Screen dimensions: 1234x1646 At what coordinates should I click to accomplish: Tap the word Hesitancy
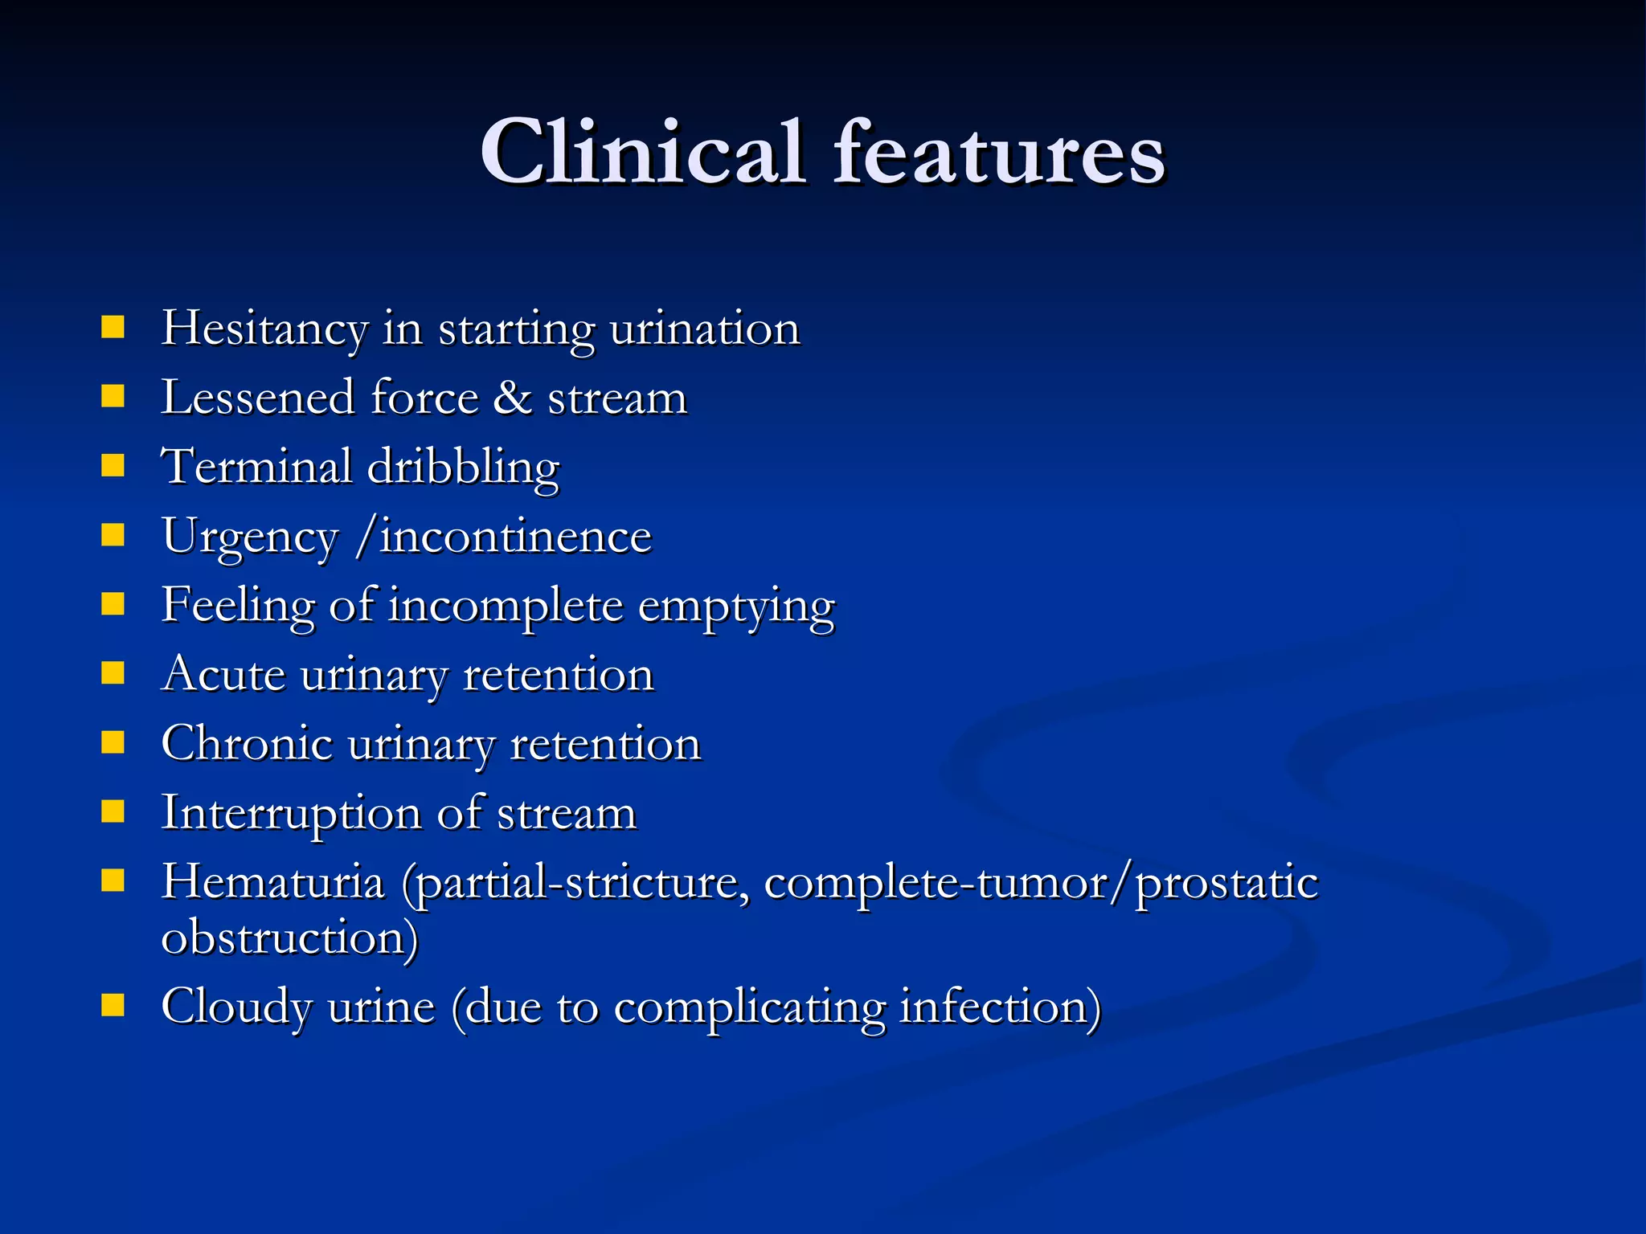click(x=264, y=329)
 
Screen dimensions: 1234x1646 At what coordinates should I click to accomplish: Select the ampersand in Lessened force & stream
click(x=512, y=398)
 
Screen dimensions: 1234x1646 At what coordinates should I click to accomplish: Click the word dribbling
click(x=463, y=468)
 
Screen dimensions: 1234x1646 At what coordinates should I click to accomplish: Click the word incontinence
click(x=514, y=537)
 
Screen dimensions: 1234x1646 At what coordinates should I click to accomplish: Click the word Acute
click(x=223, y=674)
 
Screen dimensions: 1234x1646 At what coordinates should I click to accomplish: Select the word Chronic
click(x=247, y=744)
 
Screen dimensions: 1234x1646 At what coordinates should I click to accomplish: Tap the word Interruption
click(x=291, y=814)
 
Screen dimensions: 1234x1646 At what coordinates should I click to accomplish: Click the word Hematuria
click(x=272, y=882)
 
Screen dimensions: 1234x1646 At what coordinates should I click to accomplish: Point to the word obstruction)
click(x=290, y=938)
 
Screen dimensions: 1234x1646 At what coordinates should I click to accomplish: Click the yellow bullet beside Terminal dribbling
click(x=113, y=465)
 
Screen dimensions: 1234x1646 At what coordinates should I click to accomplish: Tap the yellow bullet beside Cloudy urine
click(x=113, y=1005)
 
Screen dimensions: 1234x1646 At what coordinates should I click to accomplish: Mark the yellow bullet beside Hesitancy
click(x=113, y=327)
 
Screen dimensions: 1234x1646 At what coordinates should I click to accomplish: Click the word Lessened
click(x=257, y=398)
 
